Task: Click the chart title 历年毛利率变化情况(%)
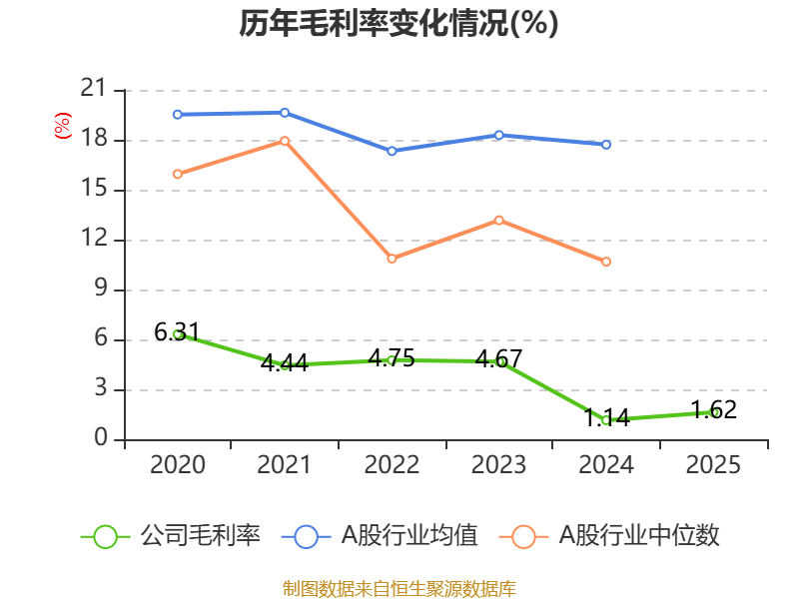tap(399, 24)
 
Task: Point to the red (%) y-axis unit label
tap(63, 127)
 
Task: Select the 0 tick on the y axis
tap(101, 439)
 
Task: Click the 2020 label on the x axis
tap(177, 465)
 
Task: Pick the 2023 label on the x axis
tap(498, 465)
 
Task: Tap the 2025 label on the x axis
tap(713, 465)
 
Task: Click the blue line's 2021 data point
tap(285, 112)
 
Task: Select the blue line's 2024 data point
tap(606, 144)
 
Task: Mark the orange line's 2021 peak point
tap(285, 141)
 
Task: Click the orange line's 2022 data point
tap(392, 259)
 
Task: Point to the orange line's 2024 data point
tap(606, 262)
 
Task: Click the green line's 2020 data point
tap(177, 334)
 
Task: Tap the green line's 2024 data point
tap(606, 420)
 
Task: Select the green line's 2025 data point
tap(714, 412)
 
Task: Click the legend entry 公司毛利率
tap(200, 536)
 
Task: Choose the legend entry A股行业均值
tap(409, 536)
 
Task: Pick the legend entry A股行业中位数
tap(638, 536)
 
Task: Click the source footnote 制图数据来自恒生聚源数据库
tap(399, 588)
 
